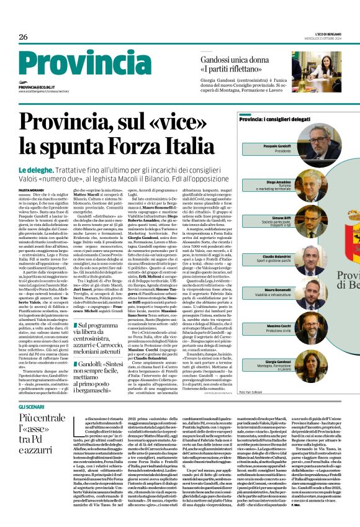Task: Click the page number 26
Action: coord(23,37)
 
